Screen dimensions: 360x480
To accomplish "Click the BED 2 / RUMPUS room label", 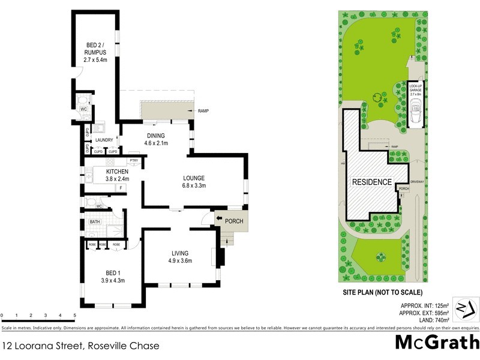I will (95, 52).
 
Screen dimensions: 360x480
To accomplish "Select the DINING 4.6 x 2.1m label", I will (156, 139).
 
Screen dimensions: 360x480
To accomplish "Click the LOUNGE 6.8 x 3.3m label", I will (194, 182).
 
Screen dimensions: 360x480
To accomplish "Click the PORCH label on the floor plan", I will (234, 221).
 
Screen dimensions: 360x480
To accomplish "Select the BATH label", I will (95, 222).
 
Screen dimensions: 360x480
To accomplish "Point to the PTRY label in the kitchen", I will (134, 161).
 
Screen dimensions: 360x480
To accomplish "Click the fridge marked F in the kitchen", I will (120, 188).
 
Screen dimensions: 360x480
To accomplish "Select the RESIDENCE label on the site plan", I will (372, 182).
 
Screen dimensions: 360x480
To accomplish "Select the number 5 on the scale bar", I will (74, 314).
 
